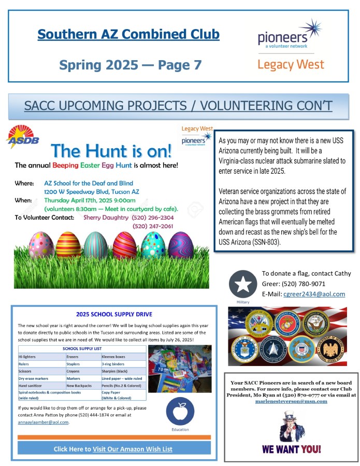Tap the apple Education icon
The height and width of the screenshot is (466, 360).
180,412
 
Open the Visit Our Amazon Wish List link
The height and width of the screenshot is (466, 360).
132,449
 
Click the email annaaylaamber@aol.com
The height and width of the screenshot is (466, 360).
43,422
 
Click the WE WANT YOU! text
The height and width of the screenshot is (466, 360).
291,449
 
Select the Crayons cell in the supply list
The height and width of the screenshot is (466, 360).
73,372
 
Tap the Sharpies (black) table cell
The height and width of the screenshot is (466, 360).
115,372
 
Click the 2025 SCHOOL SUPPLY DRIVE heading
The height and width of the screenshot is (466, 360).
114,314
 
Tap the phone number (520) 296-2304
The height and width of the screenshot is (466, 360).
153,218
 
